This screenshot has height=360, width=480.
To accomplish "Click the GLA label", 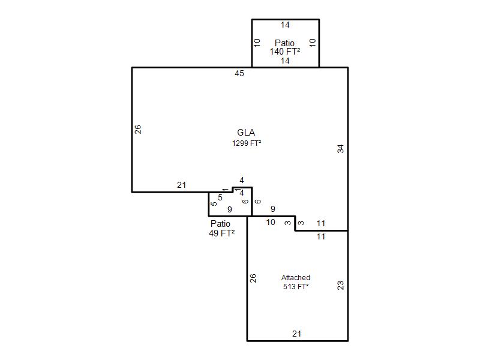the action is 246,133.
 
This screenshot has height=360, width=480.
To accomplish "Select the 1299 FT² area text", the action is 247,143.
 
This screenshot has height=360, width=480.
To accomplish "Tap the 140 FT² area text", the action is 284,52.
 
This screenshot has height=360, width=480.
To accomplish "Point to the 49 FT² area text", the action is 221,233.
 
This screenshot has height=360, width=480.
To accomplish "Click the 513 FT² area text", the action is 296,287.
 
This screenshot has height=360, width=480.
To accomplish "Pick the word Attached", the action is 296,278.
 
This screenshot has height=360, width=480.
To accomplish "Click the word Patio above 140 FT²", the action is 284,43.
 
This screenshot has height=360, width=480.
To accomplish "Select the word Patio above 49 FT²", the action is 220,223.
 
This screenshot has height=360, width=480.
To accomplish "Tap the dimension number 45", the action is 239,73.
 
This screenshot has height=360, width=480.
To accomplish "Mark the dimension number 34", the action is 340,149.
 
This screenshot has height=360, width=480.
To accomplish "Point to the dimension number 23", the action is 340,286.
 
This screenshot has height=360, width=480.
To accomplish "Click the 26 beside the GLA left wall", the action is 138,129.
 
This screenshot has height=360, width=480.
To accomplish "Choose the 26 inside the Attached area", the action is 253,278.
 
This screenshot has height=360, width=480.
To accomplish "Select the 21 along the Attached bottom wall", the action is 296,334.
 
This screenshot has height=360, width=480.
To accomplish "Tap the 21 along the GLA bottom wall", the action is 182,185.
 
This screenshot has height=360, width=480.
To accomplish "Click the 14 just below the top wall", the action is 285,25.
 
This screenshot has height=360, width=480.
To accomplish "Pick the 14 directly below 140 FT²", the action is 285,61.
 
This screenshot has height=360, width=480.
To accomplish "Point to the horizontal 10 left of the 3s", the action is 271,222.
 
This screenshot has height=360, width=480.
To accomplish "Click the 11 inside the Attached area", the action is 321,236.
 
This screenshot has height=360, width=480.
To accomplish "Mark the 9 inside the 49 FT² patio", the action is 230,209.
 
